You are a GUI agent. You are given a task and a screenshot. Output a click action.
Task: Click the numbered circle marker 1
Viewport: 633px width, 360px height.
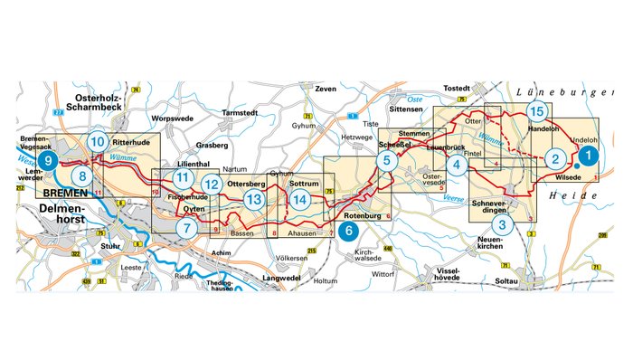tap(588, 155)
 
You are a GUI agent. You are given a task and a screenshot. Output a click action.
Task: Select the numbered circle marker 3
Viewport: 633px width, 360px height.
tap(505, 224)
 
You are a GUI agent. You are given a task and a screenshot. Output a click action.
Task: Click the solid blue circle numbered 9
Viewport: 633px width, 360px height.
tap(50, 162)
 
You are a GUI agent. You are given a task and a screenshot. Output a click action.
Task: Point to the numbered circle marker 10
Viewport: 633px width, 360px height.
tap(98, 142)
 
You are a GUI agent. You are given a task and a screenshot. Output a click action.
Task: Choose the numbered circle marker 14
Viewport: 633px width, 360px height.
tap(300, 198)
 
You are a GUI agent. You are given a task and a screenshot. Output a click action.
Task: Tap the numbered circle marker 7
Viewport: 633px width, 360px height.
tap(185, 229)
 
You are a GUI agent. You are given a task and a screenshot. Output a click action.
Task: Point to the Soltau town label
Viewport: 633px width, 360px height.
tap(505, 281)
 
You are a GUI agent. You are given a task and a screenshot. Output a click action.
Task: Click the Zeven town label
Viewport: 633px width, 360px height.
tap(324, 90)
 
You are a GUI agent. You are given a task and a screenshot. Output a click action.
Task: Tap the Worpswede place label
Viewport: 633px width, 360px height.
tap(170, 118)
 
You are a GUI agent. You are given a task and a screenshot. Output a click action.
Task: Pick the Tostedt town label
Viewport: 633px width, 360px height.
tap(459, 89)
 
